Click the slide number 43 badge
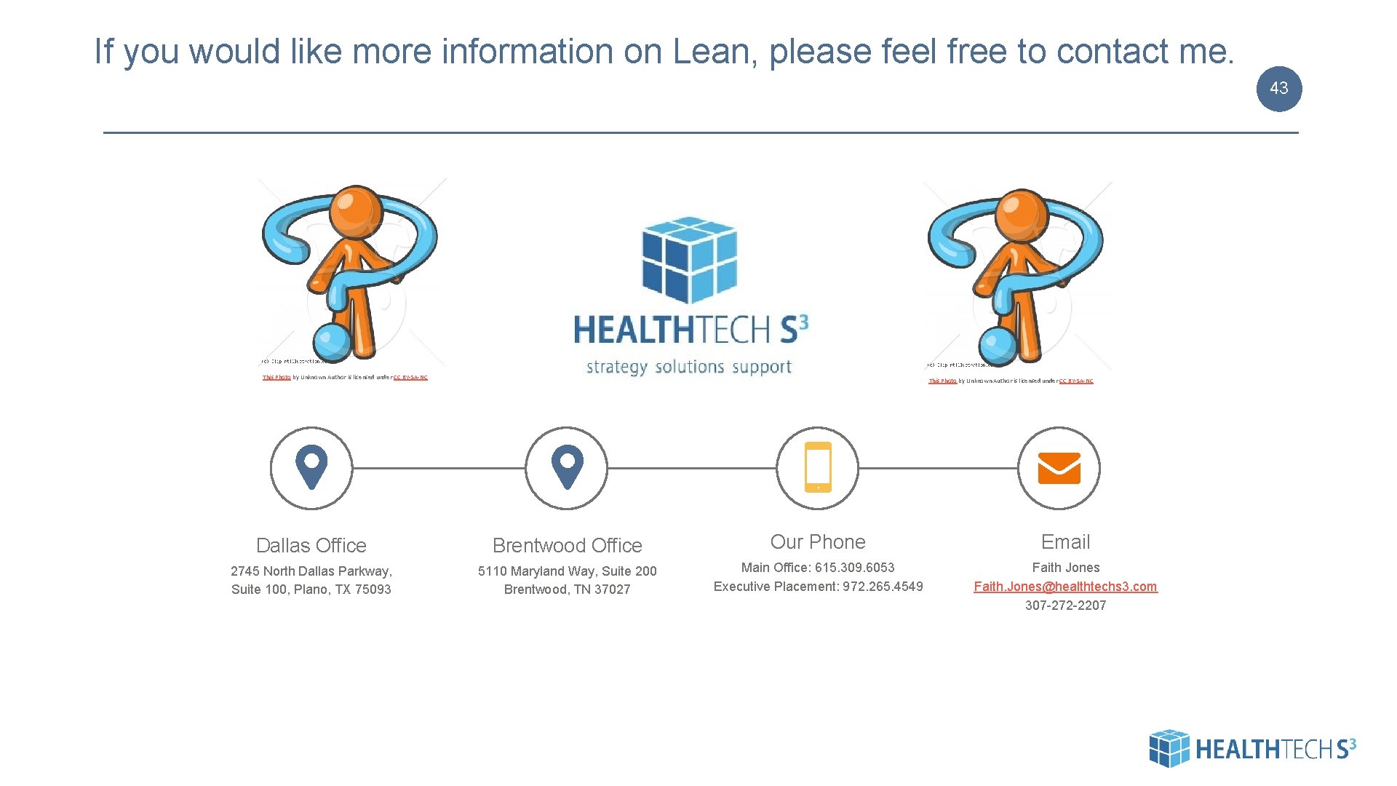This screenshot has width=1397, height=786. tap(1278, 89)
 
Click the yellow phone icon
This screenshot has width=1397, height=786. tap(818, 467)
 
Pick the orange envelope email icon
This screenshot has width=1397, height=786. tap(1059, 468)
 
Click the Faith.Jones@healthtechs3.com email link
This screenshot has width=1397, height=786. tap(1065, 587)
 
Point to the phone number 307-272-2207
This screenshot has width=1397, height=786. tap(1065, 606)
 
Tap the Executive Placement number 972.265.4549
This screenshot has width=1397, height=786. tap(883, 587)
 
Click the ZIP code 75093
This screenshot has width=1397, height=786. tap(373, 589)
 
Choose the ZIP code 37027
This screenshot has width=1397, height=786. tap(612, 589)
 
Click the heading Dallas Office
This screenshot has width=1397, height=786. tap(311, 545)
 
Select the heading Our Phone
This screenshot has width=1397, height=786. tap(818, 542)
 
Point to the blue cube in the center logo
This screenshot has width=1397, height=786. tap(689, 259)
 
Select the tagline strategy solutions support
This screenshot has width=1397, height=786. tap(689, 367)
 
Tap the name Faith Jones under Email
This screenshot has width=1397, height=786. tap(1065, 568)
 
